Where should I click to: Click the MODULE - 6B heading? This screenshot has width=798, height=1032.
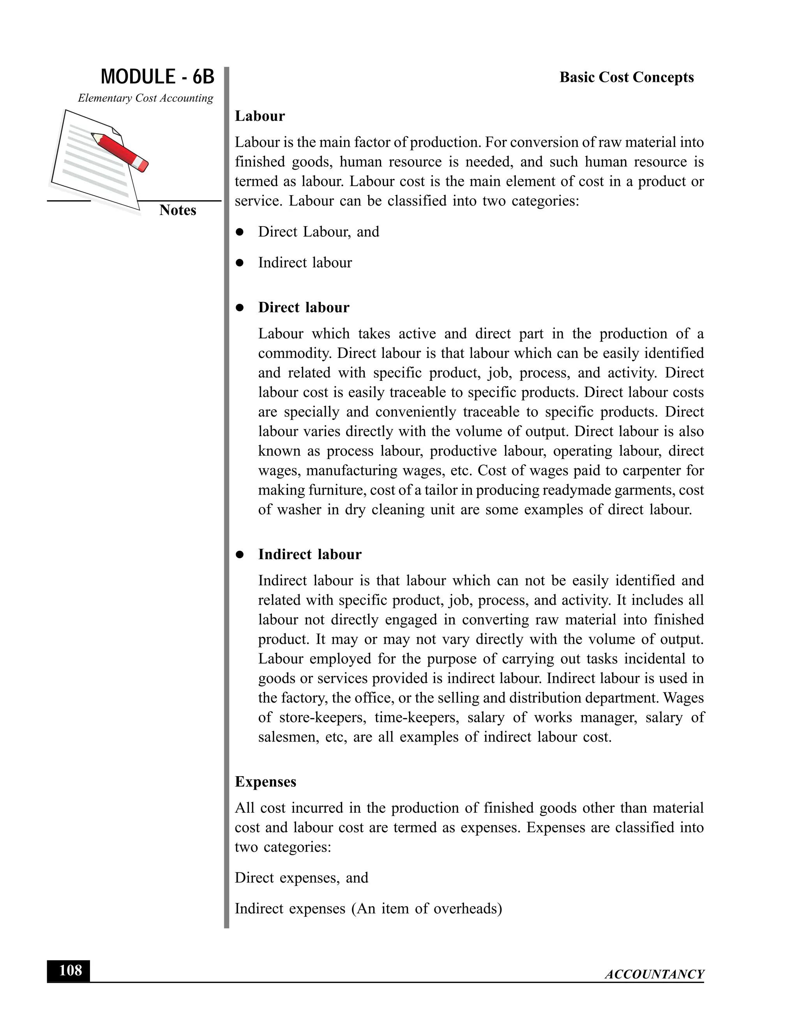point(157,77)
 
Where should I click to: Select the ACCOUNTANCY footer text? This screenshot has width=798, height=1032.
point(654,974)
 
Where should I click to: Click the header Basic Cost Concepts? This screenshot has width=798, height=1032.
point(627,77)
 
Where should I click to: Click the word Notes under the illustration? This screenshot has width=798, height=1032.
point(177,210)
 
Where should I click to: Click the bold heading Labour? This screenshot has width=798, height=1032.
point(260,116)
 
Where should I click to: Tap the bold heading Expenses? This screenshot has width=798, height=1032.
point(265,782)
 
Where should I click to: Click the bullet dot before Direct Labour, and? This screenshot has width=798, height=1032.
point(240,232)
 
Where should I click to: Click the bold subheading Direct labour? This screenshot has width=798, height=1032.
point(304,308)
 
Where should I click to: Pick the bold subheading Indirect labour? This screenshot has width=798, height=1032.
point(310,554)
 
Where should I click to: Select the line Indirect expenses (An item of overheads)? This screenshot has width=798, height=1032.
point(368,909)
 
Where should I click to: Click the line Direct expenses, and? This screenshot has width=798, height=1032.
point(301,878)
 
